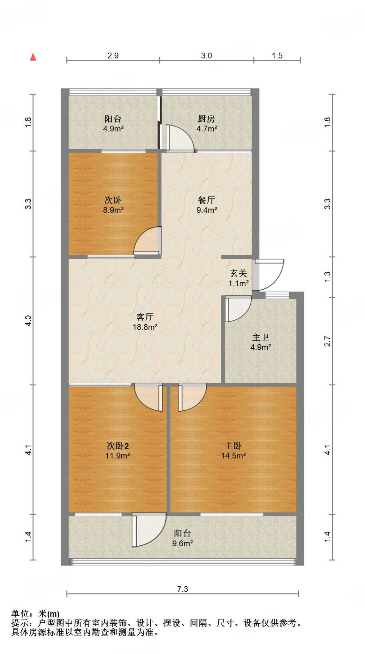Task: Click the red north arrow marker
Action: point(33,57)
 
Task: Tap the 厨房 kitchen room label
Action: point(206,119)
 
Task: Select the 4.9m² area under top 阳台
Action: point(113,129)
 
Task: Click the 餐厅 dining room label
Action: point(206,200)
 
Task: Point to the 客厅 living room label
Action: point(145,317)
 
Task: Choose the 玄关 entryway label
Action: point(239,273)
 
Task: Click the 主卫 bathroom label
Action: point(261,337)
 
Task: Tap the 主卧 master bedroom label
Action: point(233,446)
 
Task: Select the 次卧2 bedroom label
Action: point(118,446)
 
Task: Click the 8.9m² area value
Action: point(113,210)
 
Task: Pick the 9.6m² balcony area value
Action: point(182,543)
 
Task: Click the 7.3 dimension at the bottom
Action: point(183,589)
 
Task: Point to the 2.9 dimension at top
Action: point(113,56)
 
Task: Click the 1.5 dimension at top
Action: point(277,56)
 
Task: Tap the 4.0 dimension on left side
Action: point(28,321)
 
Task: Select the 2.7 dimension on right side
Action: point(328,341)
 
